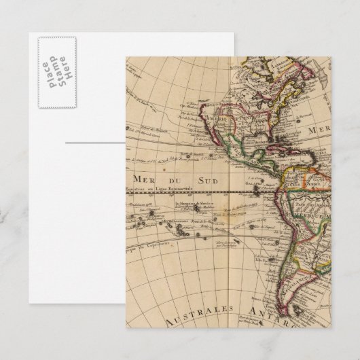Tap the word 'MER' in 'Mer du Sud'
pos(137,179)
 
